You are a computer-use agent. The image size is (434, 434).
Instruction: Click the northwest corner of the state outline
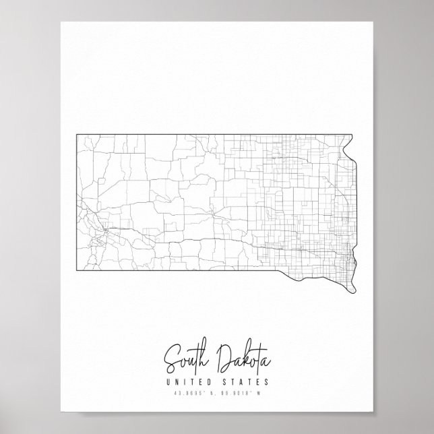[x=75, y=134]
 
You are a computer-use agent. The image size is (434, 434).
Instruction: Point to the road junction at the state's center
[x=214, y=213]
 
